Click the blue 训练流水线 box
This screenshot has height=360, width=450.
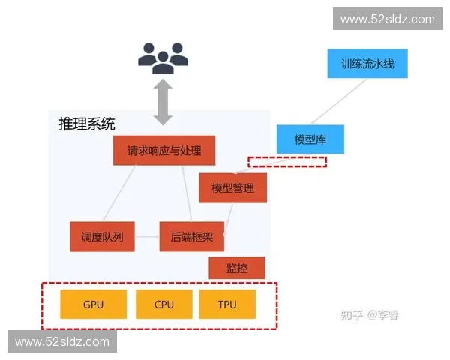point(367,63)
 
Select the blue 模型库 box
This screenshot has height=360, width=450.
point(310,139)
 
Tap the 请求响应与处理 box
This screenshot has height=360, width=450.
point(164,150)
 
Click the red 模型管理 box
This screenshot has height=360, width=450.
point(233,188)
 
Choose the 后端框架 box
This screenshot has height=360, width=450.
point(191,237)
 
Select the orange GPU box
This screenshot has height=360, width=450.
point(93,304)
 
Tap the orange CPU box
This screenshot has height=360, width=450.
point(163,304)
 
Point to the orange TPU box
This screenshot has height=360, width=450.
point(227,304)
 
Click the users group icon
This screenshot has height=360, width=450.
point(163,57)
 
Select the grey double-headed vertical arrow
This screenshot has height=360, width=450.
point(163,103)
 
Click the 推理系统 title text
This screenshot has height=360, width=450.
point(87,124)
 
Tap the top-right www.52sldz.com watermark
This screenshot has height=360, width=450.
point(387,19)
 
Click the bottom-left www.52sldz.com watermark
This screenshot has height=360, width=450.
point(62,342)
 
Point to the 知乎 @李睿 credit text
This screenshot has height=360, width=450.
point(370,315)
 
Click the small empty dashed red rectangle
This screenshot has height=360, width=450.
point(288,162)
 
